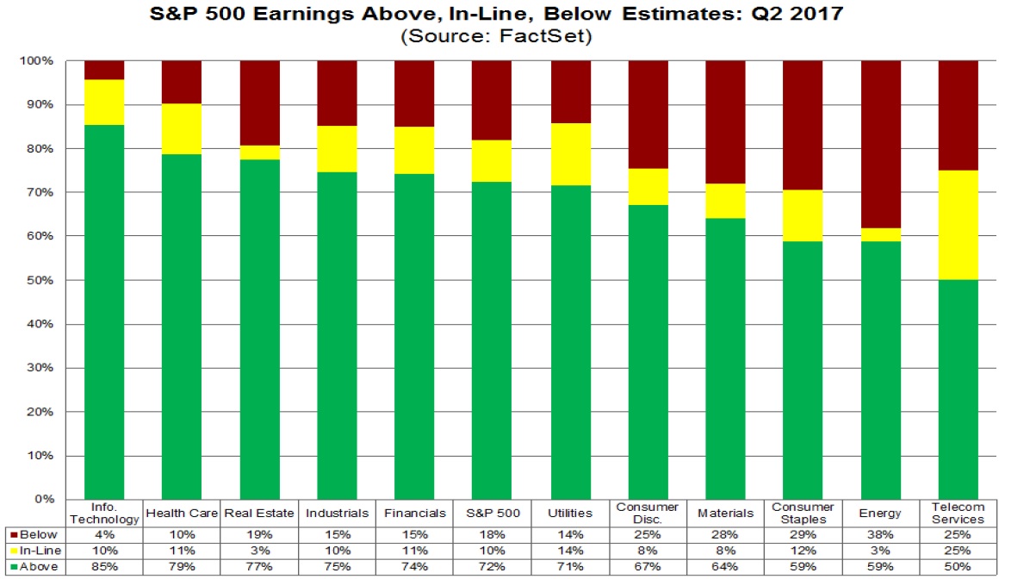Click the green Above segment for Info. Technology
103,310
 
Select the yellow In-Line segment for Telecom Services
958,225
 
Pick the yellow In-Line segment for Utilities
572,154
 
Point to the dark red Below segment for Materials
726,121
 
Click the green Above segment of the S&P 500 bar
493,340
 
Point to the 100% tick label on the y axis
40,61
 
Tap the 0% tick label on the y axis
46,500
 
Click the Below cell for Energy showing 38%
879,535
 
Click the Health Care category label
182,513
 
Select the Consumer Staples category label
802,513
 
